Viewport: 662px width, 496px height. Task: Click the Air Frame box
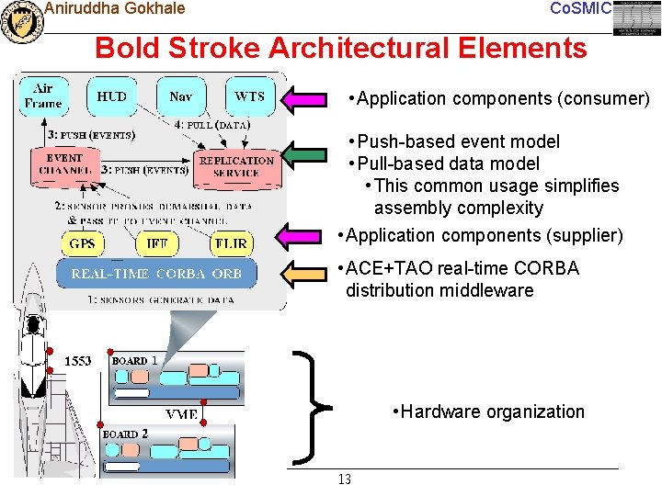(x=43, y=96)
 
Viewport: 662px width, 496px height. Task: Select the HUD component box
(x=112, y=96)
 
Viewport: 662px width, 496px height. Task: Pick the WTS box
(x=249, y=96)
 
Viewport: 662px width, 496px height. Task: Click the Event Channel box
(x=64, y=164)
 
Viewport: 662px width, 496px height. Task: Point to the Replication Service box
(x=236, y=166)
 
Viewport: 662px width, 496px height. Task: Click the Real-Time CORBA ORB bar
(x=156, y=274)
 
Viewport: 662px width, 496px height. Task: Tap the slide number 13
(x=345, y=480)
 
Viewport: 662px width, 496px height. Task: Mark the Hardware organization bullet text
(x=487, y=411)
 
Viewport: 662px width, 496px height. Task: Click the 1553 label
(x=77, y=361)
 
